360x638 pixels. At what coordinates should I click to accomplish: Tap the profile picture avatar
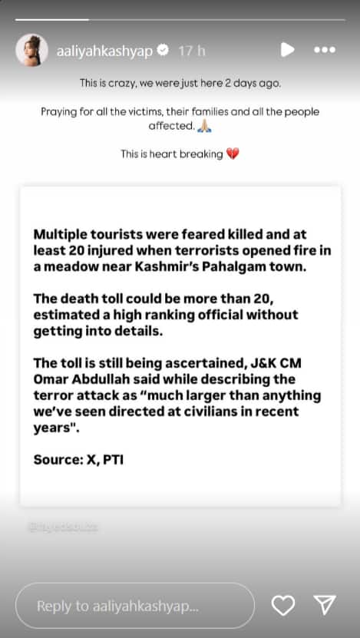pos(31,50)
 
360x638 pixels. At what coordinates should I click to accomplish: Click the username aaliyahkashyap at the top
pos(104,51)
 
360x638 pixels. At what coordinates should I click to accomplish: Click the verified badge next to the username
pos(163,51)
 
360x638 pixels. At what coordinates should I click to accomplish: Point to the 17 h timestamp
pos(192,51)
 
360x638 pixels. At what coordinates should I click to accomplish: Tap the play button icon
pos(287,50)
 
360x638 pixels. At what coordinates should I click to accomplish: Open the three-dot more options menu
pos(325,50)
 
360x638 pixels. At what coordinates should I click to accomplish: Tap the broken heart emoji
pos(233,154)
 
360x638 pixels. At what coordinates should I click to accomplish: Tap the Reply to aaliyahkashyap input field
pos(134,606)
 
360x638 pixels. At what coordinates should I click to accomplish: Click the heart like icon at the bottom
pos(283,606)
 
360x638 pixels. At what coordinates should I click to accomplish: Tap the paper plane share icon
pos(325,606)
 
